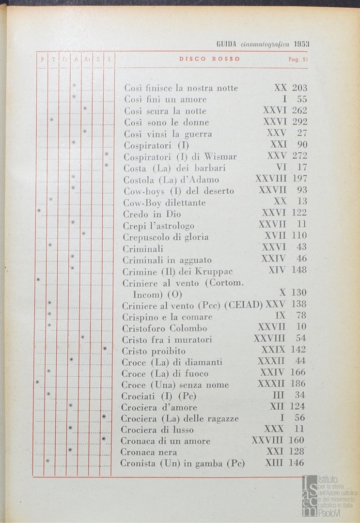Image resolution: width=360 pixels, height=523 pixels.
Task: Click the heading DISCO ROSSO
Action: point(209,59)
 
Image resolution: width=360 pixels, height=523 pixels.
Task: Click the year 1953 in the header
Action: point(301,44)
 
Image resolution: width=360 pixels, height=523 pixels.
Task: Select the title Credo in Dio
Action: point(152,214)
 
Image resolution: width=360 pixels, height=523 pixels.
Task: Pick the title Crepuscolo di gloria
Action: point(165,237)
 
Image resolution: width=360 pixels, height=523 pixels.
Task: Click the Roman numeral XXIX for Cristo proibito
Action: point(273,350)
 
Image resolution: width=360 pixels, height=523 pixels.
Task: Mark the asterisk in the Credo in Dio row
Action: point(39,211)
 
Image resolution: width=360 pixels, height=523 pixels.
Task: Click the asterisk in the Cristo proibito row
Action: point(105,349)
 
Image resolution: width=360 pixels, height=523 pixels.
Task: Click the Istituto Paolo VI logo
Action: point(329,495)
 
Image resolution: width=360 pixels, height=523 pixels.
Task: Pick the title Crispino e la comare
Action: point(167,317)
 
